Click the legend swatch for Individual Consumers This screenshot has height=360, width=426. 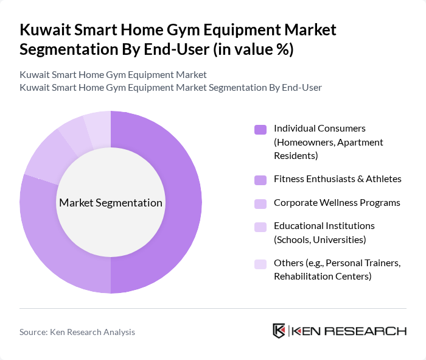[x=260, y=129]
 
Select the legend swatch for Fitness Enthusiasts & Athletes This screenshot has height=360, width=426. [x=260, y=179]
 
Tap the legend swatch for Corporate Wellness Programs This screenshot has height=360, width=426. [x=260, y=203]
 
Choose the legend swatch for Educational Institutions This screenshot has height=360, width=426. [x=260, y=227]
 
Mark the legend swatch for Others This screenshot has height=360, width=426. [x=260, y=264]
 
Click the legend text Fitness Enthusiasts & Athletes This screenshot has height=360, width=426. [x=337, y=178]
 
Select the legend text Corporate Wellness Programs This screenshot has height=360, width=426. [x=337, y=202]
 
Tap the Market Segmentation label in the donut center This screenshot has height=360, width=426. [x=110, y=203]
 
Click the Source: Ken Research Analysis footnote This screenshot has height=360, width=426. [x=77, y=332]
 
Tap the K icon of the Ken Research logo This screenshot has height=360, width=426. [x=279, y=331]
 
